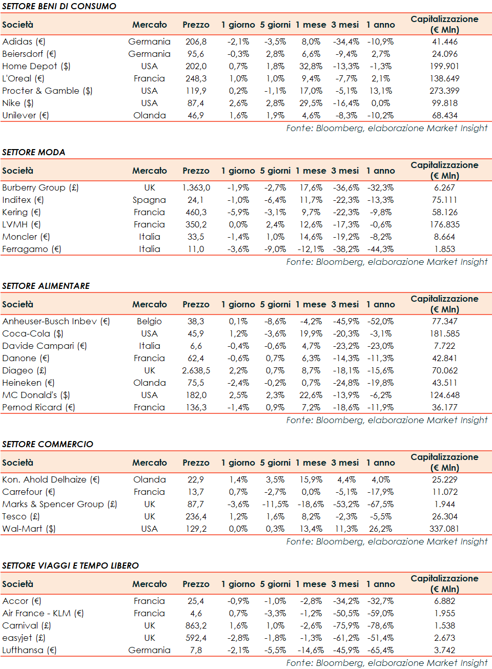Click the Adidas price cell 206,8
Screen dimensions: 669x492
tap(196, 41)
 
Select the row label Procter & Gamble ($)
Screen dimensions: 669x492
tap(47, 91)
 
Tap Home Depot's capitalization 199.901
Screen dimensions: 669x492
tap(444, 66)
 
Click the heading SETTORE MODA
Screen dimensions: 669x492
tap(34, 152)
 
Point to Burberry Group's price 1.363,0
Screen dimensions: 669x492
tap(196, 187)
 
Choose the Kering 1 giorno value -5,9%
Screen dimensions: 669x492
tap(238, 212)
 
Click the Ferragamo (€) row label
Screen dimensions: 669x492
tap(32, 249)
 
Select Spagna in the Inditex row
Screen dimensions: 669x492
tap(149, 200)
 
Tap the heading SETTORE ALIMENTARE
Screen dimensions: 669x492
tap(46, 286)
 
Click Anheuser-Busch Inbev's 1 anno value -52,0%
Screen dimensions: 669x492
tap(380, 321)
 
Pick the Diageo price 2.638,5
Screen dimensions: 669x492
tap(196, 370)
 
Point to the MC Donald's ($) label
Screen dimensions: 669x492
tap(36, 395)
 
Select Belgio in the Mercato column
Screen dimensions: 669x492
tap(149, 321)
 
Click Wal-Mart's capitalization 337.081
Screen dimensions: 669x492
tap(444, 529)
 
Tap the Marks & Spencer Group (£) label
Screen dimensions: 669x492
tap(59, 504)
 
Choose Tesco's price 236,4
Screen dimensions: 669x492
tap(196, 516)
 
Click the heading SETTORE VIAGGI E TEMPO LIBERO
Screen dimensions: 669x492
tap(71, 566)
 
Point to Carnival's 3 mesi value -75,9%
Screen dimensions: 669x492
tap(345, 625)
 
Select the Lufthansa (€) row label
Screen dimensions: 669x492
tap(29, 650)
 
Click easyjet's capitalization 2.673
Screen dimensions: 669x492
tap(444, 638)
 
